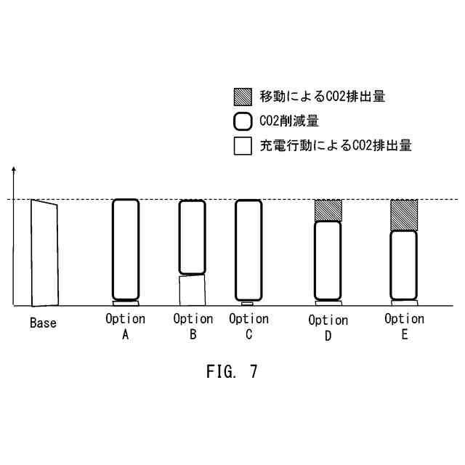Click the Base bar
(44, 253)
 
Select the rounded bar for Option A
(125, 250)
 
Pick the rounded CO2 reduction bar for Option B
(193, 237)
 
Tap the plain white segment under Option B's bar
(193, 290)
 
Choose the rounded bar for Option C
(248, 250)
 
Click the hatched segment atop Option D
(328, 210)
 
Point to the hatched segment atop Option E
(404, 214)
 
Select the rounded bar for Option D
(328, 260)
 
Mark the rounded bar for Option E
(404, 264)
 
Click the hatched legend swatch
(243, 96)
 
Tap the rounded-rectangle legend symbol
(243, 121)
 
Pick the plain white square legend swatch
(243, 145)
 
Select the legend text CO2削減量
(288, 121)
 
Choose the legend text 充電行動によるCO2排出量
(335, 145)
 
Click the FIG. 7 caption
(232, 372)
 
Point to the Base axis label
(43, 323)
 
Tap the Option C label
(248, 326)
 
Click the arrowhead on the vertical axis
(14, 171)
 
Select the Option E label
(404, 326)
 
